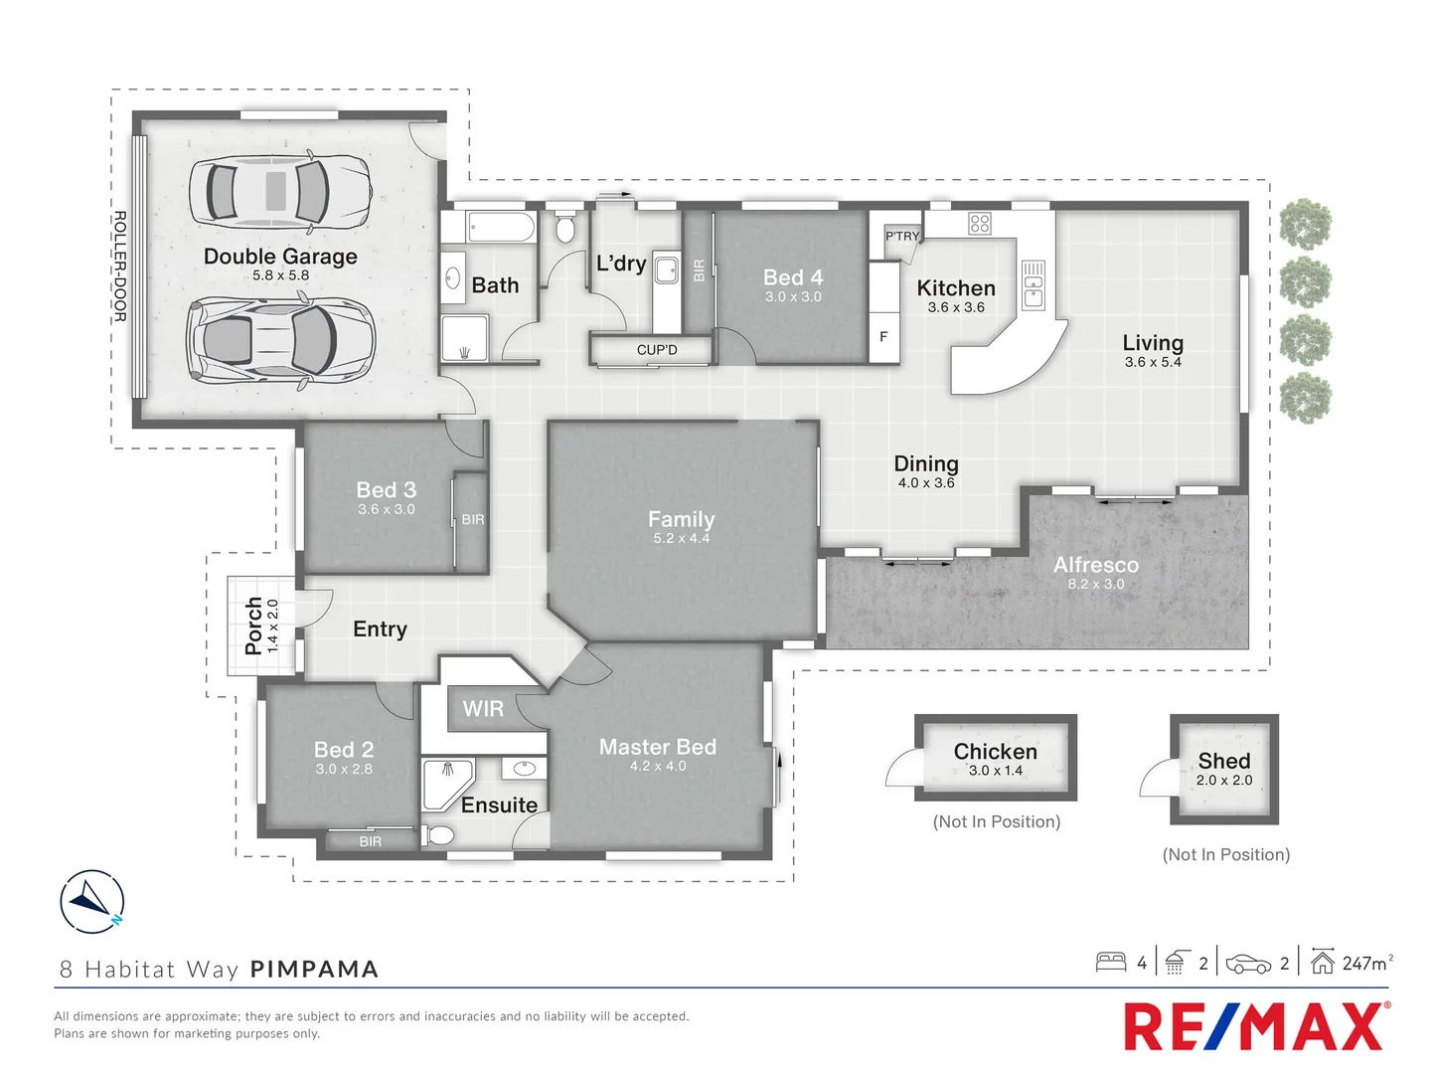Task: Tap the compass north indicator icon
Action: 92,901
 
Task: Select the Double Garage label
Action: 280,257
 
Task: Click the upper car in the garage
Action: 279,189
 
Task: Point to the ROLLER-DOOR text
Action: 119,266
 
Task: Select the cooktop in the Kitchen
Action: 980,224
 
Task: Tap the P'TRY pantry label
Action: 901,237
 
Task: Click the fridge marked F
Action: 883,337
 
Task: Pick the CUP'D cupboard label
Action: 657,350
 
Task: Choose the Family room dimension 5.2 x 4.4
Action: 682,539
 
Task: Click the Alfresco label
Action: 1096,565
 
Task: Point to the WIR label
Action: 483,709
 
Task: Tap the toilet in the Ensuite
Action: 438,834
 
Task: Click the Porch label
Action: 253,626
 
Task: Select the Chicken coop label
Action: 995,752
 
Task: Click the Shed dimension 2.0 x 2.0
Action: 1223,781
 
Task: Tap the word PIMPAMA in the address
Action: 314,970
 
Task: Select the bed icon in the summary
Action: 1110,962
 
